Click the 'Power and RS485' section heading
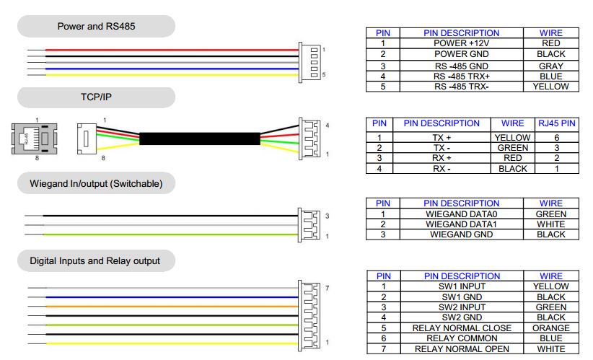coord(96,27)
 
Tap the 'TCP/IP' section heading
coord(96,97)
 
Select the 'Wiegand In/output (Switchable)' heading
coord(96,184)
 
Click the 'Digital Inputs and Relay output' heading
coord(95,261)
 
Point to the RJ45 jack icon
coord(35,139)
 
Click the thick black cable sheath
coord(200,139)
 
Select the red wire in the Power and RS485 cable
coord(172,50)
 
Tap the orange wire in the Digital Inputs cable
coord(172,307)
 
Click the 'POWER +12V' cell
coord(462,43)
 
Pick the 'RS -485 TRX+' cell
coord(462,76)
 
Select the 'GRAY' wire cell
coord(551,66)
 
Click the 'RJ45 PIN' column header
coord(557,123)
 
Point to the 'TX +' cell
coord(442,138)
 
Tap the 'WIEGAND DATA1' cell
coord(462,224)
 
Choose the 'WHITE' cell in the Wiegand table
coord(551,224)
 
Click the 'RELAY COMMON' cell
coord(462,338)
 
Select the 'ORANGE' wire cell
coord(551,328)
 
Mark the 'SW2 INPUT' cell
coord(462,307)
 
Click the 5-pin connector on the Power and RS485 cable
coord(309,62)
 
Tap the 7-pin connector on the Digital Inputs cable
coord(309,316)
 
